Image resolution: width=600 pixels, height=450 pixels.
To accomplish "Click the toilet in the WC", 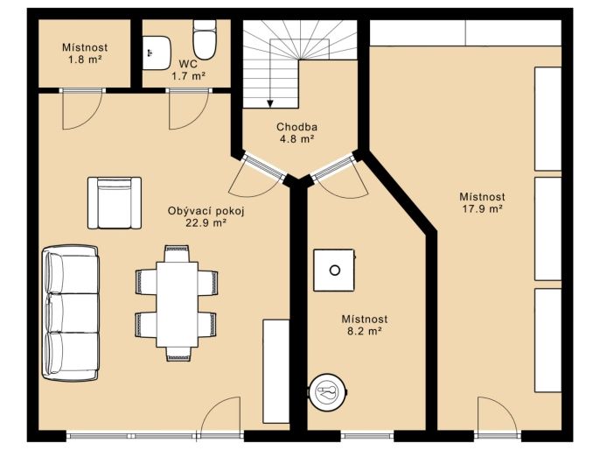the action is [205, 39].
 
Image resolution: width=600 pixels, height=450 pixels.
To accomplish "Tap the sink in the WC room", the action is [157, 53].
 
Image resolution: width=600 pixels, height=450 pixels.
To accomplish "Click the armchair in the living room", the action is [115, 203].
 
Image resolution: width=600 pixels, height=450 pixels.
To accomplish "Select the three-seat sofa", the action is [70, 313].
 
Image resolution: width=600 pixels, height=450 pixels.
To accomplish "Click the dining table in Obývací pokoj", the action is [177, 305].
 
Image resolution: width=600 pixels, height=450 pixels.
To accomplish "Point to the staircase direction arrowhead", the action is [270, 103].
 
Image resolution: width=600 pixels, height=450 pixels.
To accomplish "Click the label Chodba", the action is [297, 127].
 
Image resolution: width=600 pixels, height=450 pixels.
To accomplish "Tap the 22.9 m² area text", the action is [206, 223].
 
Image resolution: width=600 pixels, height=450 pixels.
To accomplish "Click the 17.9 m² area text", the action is [482, 209].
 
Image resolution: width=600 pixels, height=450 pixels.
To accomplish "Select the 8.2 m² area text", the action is [365, 331].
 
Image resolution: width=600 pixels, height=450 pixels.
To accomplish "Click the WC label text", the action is [188, 64].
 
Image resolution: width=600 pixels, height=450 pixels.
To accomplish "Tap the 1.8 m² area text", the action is [85, 60].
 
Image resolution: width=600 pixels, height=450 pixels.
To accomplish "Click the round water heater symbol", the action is [328, 391].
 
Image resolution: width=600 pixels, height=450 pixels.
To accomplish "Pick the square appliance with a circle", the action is [334, 271].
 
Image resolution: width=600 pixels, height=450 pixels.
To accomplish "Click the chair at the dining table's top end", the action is [177, 254].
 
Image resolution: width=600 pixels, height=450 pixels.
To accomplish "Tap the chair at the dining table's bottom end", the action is [178, 355].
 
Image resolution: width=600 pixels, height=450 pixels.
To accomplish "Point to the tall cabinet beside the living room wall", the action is [276, 371].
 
